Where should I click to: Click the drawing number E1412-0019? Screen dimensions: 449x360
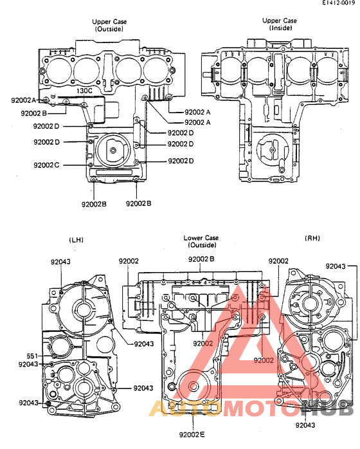(338, 4)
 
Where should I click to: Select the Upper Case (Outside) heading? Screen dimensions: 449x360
(110, 25)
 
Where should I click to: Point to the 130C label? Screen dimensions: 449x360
(84, 91)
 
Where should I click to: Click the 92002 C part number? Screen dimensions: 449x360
(46, 165)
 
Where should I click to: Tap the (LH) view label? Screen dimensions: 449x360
(77, 240)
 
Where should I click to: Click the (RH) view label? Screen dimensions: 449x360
(312, 238)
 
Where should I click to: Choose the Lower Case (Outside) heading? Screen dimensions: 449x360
(201, 241)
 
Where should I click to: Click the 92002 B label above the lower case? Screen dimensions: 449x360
(201, 259)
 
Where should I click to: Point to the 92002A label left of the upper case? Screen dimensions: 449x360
(24, 100)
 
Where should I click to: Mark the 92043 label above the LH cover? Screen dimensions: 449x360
(61, 262)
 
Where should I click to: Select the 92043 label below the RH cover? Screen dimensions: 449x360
(306, 425)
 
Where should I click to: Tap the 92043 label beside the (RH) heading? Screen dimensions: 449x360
(336, 266)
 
